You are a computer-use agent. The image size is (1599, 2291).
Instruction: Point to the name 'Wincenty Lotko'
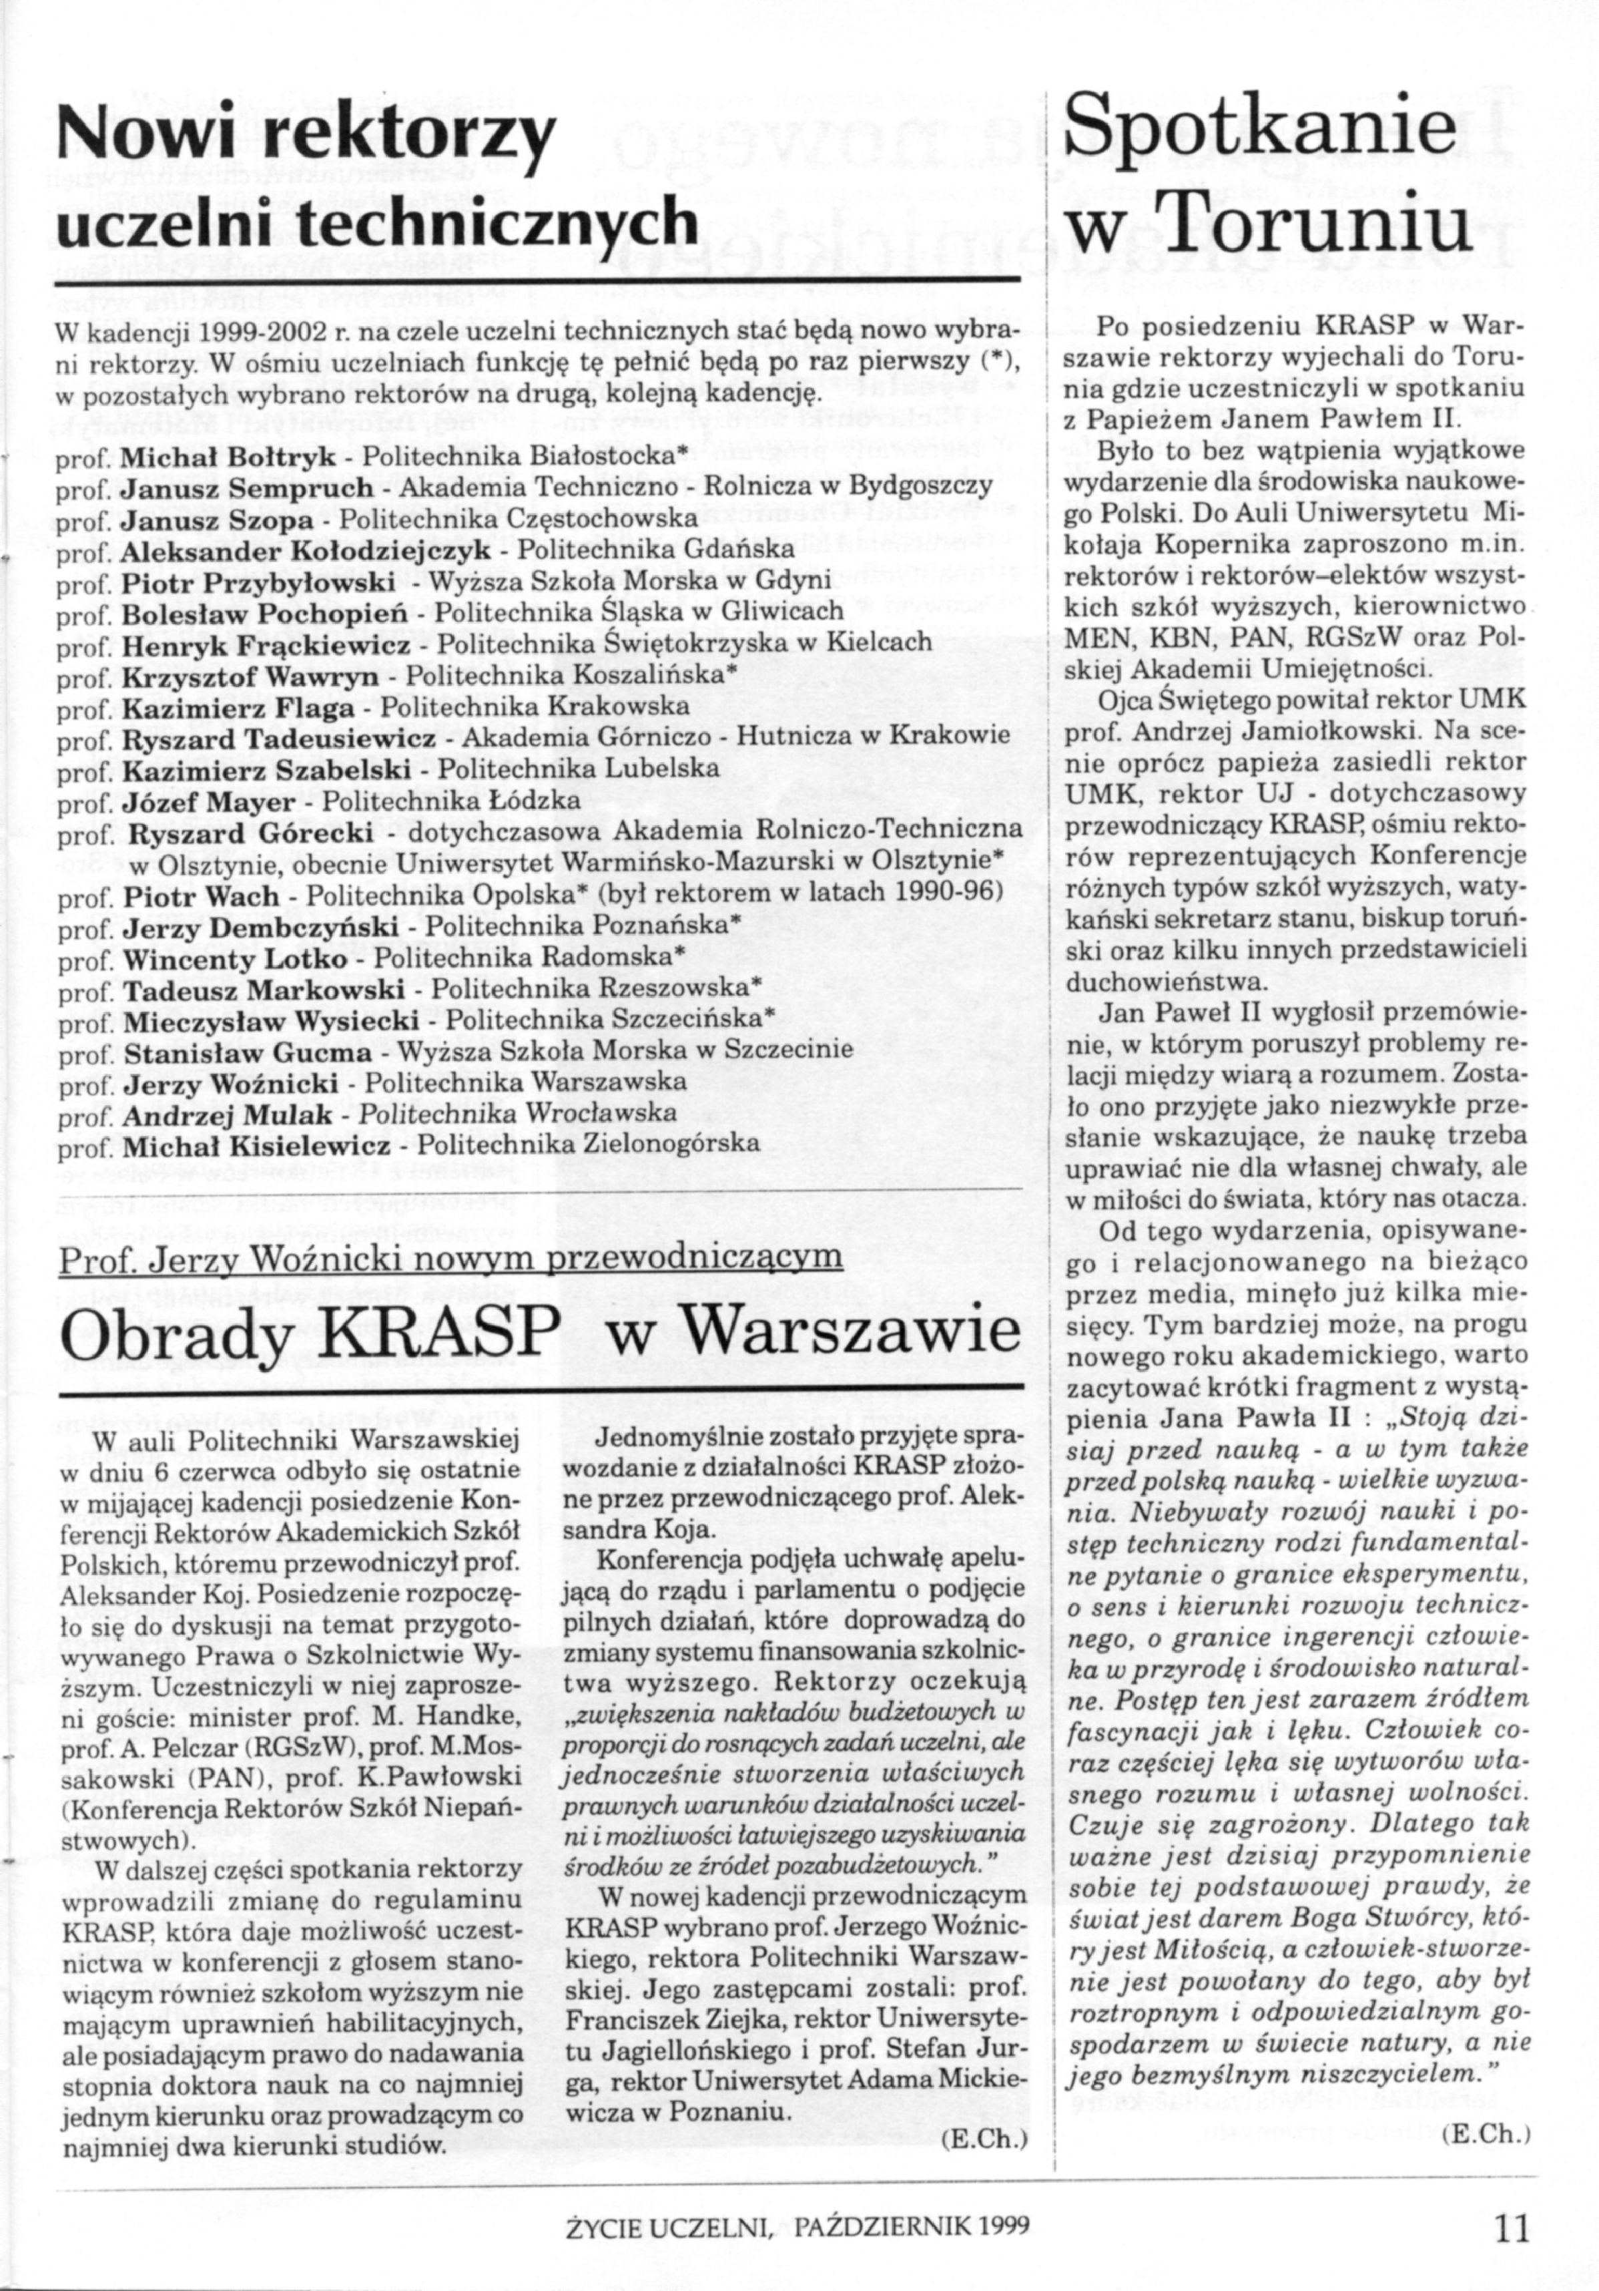click(236, 958)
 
